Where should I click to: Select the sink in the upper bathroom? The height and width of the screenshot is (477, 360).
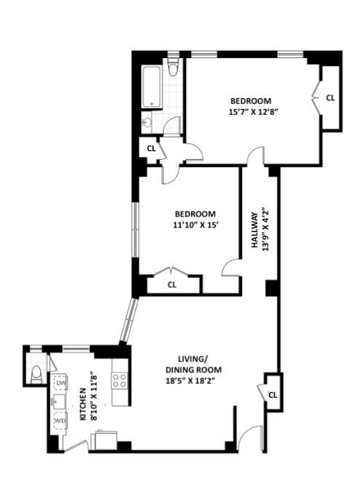148,123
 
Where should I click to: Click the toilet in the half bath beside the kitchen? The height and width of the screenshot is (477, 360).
37,374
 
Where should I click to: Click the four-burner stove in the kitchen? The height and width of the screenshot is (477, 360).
119,380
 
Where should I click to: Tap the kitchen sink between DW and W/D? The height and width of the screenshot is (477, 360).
58,401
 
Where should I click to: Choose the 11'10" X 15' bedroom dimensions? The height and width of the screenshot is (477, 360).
195,225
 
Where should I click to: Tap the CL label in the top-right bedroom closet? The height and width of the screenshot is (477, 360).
330,97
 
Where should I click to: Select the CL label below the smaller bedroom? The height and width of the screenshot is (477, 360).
172,285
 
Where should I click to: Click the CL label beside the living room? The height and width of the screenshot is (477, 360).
273,395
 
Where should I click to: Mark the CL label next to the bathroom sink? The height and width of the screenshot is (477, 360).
151,148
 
